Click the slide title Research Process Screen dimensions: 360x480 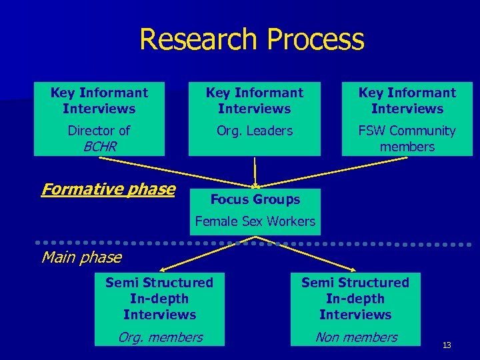[251, 40]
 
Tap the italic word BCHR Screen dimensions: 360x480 [99, 147]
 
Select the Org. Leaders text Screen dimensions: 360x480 [254, 131]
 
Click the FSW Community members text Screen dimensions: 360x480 [407, 139]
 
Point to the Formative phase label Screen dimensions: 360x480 [107, 189]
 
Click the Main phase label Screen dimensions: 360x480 [81, 257]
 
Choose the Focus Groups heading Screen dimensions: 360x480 [255, 199]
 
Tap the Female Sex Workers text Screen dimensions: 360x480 [255, 221]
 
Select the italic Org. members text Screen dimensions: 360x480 [160, 337]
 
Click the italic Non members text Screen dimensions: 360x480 [356, 337]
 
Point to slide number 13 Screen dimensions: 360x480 [446, 345]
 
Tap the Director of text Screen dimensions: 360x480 [99, 131]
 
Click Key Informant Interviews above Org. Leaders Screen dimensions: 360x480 [254, 101]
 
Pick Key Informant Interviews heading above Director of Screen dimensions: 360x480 [99, 101]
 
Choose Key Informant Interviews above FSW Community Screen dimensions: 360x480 [407, 101]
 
